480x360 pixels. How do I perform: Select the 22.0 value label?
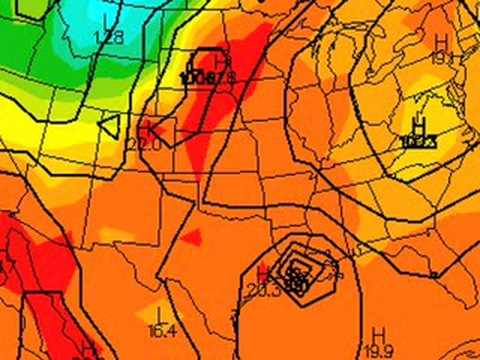click(x=144, y=143)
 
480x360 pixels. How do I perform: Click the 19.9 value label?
click(x=378, y=349)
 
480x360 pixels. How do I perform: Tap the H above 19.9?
click(x=378, y=333)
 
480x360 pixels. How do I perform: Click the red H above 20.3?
click(x=262, y=273)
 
